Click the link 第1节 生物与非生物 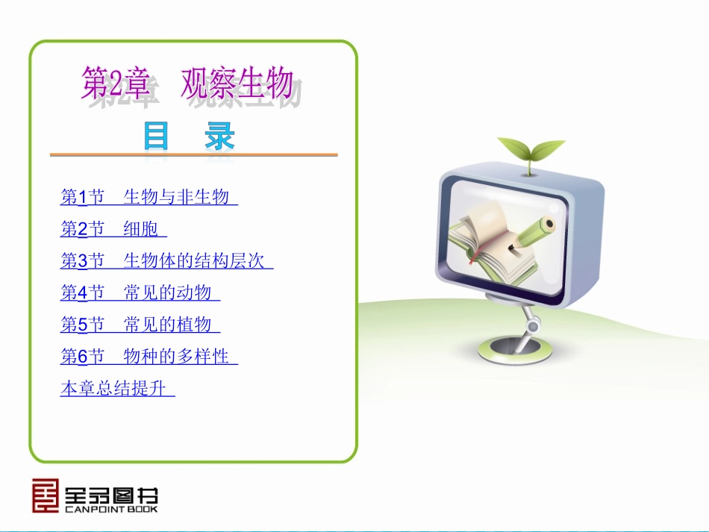(148, 198)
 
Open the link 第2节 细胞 (113, 229)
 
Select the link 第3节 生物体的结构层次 (166, 261)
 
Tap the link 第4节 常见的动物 (140, 293)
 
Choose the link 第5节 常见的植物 (140, 325)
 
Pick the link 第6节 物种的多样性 (148, 357)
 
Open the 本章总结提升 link (116, 389)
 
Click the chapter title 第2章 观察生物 (187, 84)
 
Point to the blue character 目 (156, 137)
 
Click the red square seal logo (45, 495)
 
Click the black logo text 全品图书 (111, 493)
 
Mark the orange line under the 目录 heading (193, 155)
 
